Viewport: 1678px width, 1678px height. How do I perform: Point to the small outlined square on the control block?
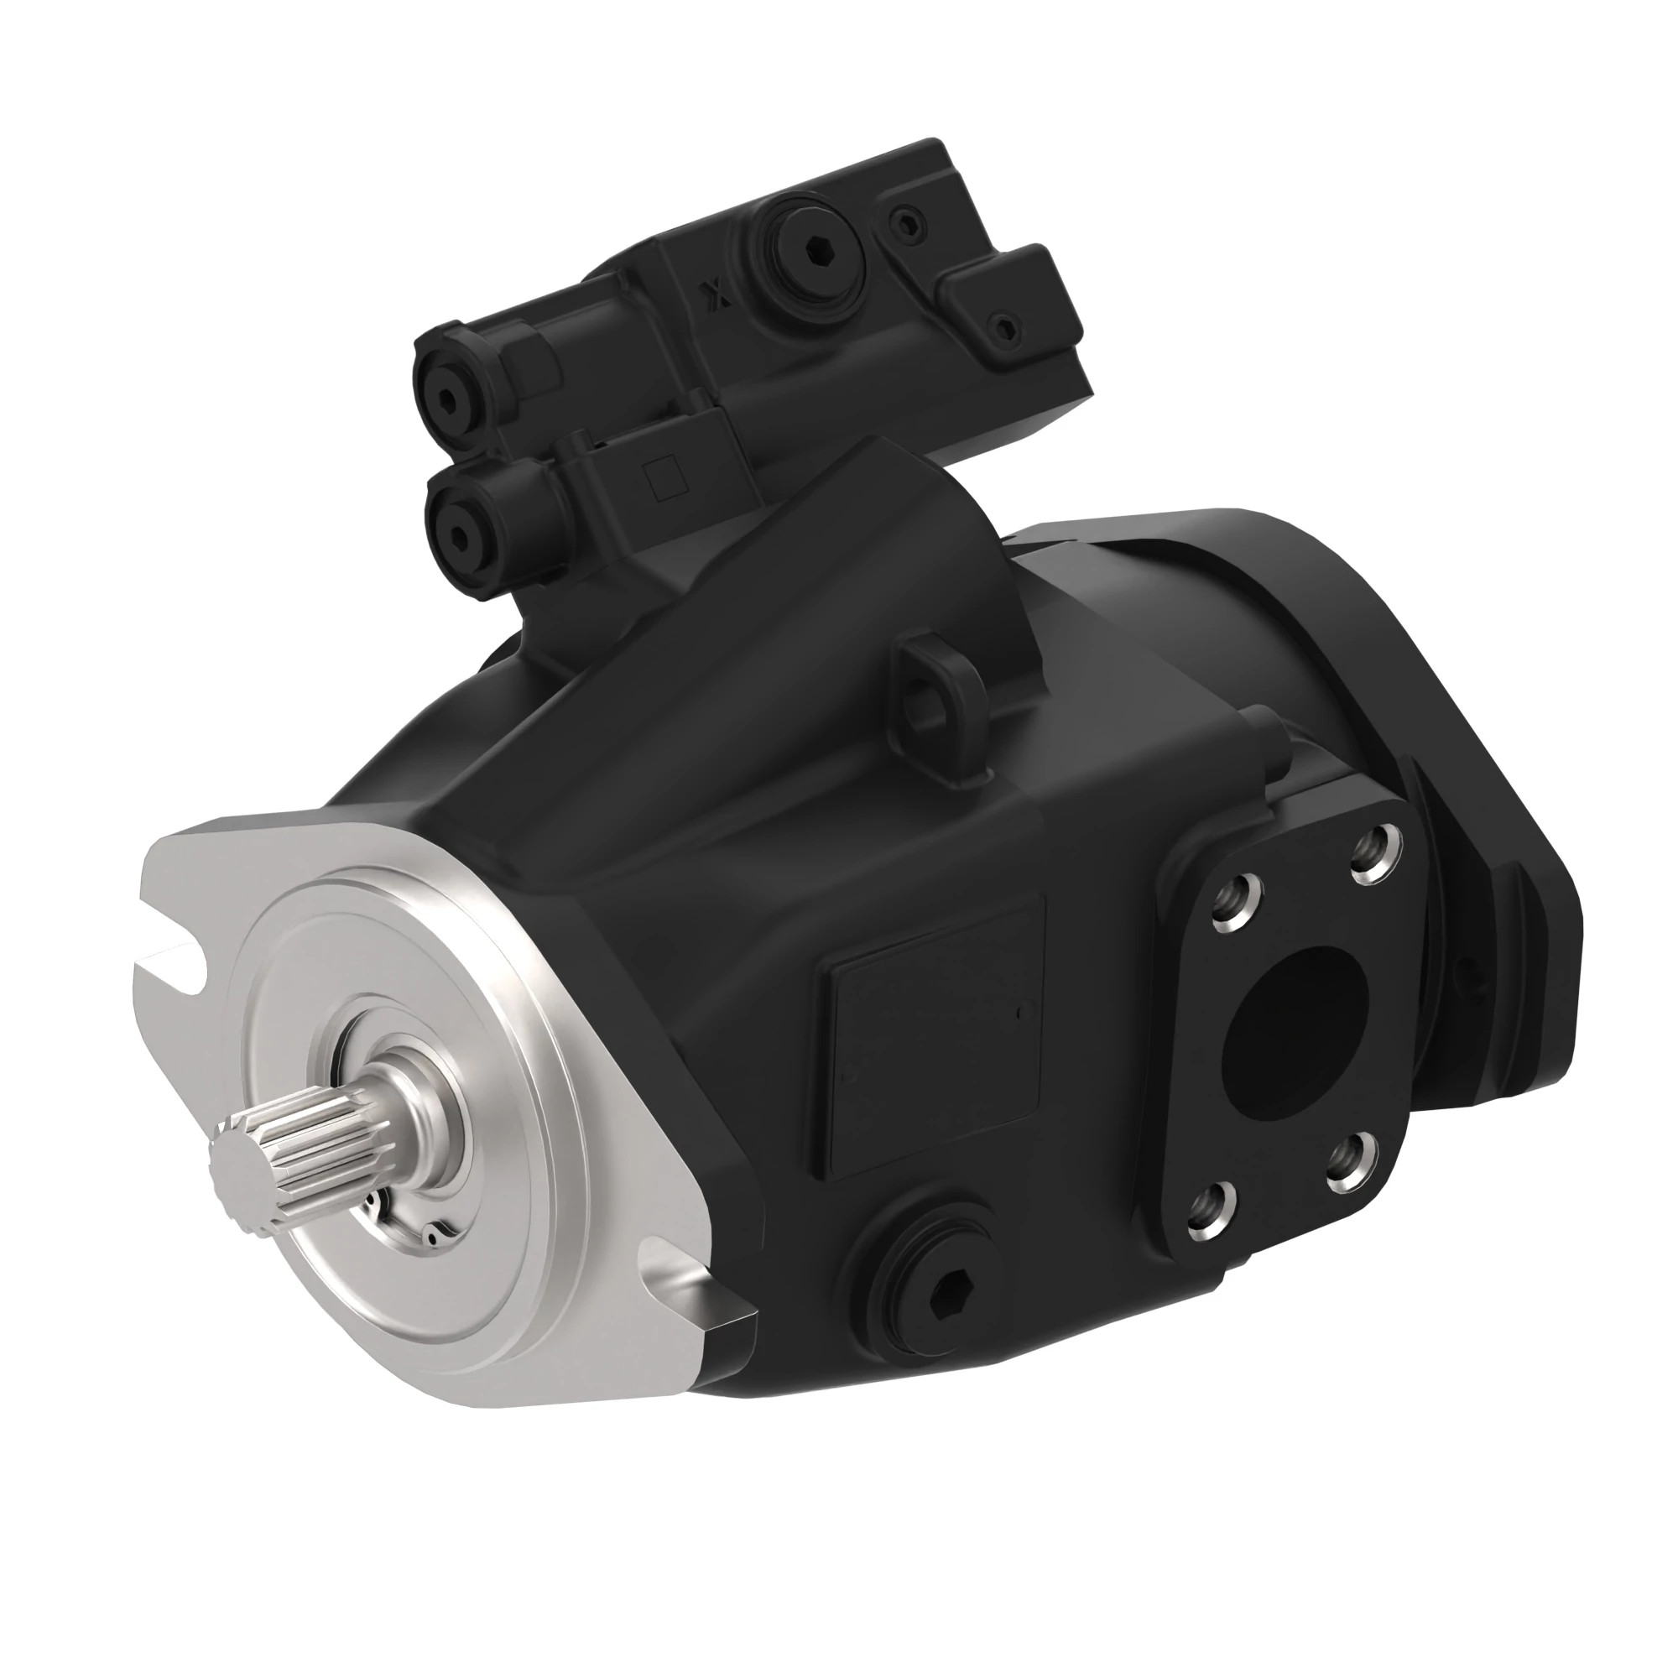coord(665,478)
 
